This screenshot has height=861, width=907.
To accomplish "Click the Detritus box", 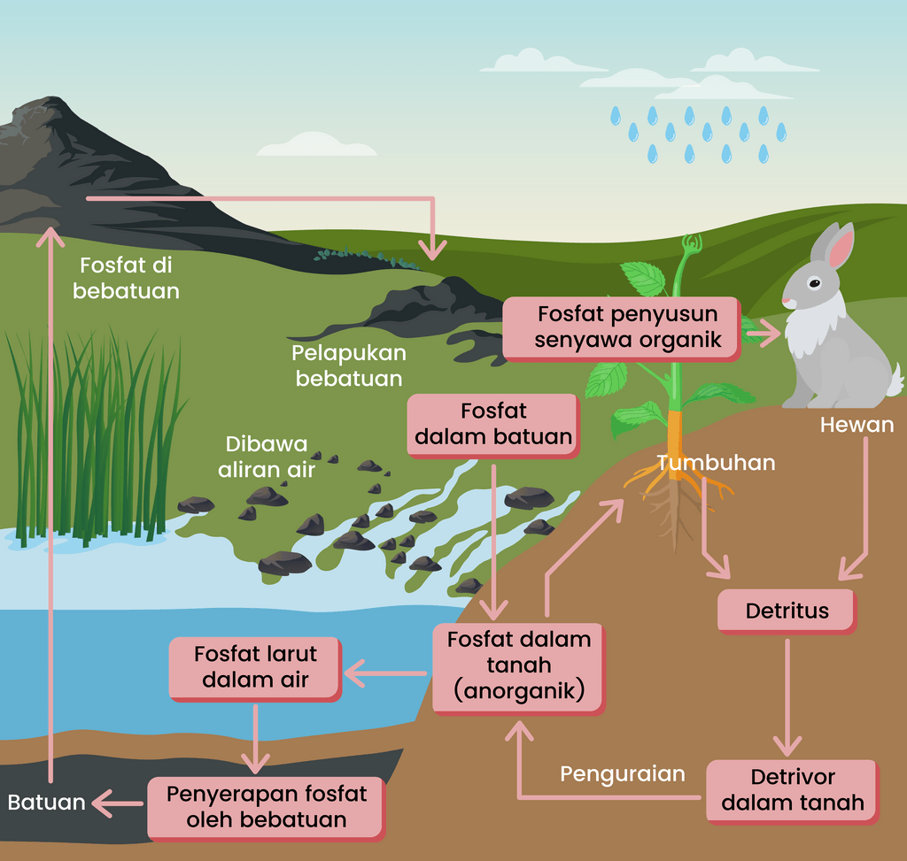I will point(787,611).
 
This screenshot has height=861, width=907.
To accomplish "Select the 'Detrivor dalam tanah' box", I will point(792,789).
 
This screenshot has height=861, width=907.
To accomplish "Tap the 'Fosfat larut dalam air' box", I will point(255,667).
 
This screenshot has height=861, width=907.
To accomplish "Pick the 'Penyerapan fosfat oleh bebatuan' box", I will point(267,807).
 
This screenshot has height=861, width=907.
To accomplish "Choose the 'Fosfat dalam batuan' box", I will point(493,424).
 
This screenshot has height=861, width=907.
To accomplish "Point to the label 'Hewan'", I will point(857,425).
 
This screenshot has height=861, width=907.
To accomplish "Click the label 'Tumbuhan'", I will point(716,463).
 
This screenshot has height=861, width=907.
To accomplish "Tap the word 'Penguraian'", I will point(623,774).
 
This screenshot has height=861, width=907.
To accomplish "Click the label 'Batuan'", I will point(46,803).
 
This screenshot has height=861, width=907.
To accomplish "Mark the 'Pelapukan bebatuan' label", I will point(349,365).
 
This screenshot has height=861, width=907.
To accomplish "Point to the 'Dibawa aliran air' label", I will point(267,457).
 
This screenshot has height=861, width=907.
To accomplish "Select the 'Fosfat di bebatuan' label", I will point(126,278).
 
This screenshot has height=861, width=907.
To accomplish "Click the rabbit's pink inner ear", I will point(841,247).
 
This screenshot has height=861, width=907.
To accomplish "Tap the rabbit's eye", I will point(813,284).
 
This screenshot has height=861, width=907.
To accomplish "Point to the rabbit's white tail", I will point(895,380).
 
